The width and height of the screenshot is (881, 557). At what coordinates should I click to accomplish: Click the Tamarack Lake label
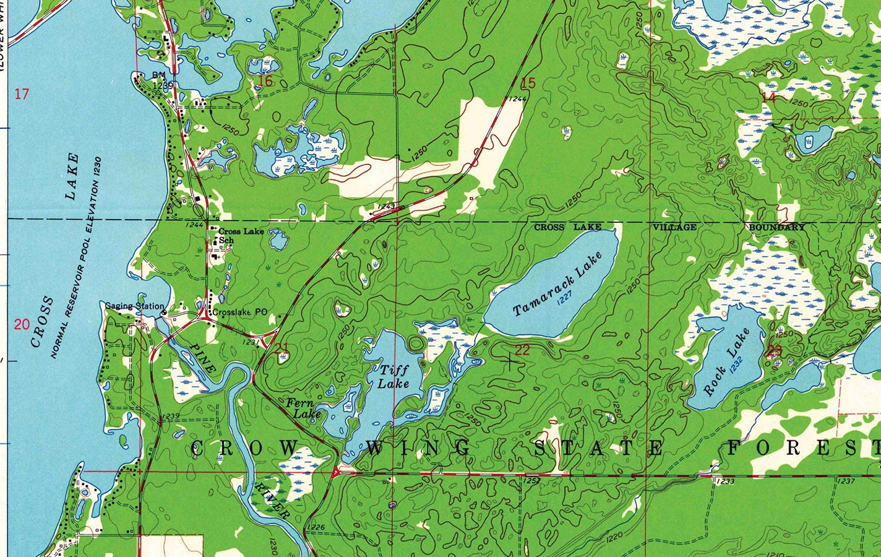pyautogui.click(x=557, y=283)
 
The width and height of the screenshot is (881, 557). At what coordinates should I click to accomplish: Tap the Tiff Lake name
pyautogui.click(x=394, y=376)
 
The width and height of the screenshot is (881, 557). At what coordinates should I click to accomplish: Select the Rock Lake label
pyautogui.click(x=726, y=362)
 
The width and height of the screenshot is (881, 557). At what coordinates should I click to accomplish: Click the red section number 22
pyautogui.click(x=523, y=350)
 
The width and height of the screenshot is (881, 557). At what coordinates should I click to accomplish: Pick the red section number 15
pyautogui.click(x=528, y=83)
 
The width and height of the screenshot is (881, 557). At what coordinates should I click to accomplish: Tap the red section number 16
pyautogui.click(x=265, y=81)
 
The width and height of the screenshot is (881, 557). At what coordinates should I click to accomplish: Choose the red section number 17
pyautogui.click(x=22, y=94)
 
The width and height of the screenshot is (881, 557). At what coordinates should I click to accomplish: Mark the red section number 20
pyautogui.click(x=22, y=324)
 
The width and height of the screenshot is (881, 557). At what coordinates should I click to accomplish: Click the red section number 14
pyautogui.click(x=768, y=97)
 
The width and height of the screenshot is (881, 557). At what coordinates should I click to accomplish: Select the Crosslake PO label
pyautogui.click(x=240, y=313)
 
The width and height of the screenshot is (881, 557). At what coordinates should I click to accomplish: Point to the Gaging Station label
pyautogui.click(x=134, y=306)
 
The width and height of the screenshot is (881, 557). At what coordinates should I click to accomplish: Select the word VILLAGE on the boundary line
pyautogui.click(x=675, y=227)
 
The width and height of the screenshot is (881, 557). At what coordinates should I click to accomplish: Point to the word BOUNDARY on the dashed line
pyautogui.click(x=777, y=227)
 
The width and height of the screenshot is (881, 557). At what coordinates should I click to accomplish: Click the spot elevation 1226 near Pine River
pyautogui.click(x=316, y=527)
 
